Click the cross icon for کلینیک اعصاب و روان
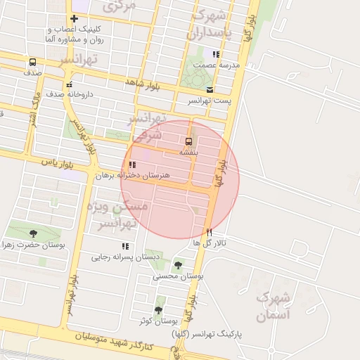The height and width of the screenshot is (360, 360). (x=74, y=19)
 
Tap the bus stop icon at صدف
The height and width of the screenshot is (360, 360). (x=32, y=62)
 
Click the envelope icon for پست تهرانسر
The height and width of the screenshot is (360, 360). (x=210, y=89)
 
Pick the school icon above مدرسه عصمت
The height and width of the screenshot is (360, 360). (x=216, y=54)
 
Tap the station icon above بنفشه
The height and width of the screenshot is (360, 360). (x=188, y=141)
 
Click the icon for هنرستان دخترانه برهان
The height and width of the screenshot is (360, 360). (x=132, y=165)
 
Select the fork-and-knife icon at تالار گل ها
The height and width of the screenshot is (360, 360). (x=209, y=232)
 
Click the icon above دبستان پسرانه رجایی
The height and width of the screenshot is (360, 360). (x=124, y=246)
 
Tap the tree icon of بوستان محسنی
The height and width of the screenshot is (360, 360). (x=178, y=265)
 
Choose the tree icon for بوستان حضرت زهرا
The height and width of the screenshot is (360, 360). (x=32, y=233)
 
